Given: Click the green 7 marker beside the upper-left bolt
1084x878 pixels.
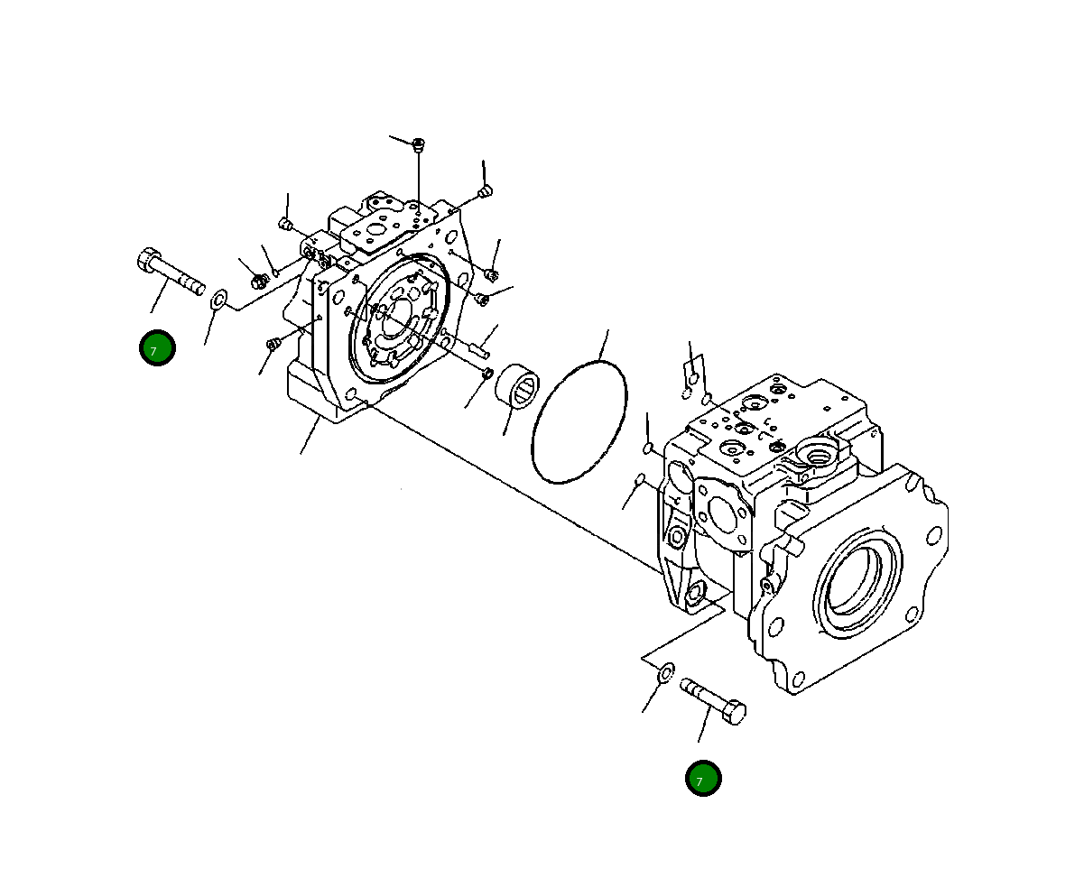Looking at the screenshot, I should pyautogui.click(x=157, y=347).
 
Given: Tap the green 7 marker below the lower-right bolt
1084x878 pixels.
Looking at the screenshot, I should pyautogui.click(x=702, y=779).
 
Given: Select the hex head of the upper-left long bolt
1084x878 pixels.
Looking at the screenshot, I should pyautogui.click(x=148, y=261).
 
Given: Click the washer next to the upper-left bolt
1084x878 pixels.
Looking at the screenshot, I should pyautogui.click(x=218, y=300).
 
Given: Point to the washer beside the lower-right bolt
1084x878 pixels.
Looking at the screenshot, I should pyautogui.click(x=665, y=672).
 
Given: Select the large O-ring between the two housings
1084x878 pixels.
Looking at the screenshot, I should pyautogui.click(x=579, y=421).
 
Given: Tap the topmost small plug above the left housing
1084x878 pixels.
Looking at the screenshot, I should pyautogui.click(x=418, y=144).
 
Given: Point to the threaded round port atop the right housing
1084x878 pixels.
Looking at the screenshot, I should pyautogui.click(x=819, y=454).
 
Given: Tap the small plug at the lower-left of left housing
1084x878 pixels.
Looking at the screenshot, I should pyautogui.click(x=273, y=344).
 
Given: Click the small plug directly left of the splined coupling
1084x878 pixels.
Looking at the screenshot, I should pyautogui.click(x=486, y=374).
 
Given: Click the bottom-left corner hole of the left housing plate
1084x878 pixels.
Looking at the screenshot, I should pyautogui.click(x=350, y=393).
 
